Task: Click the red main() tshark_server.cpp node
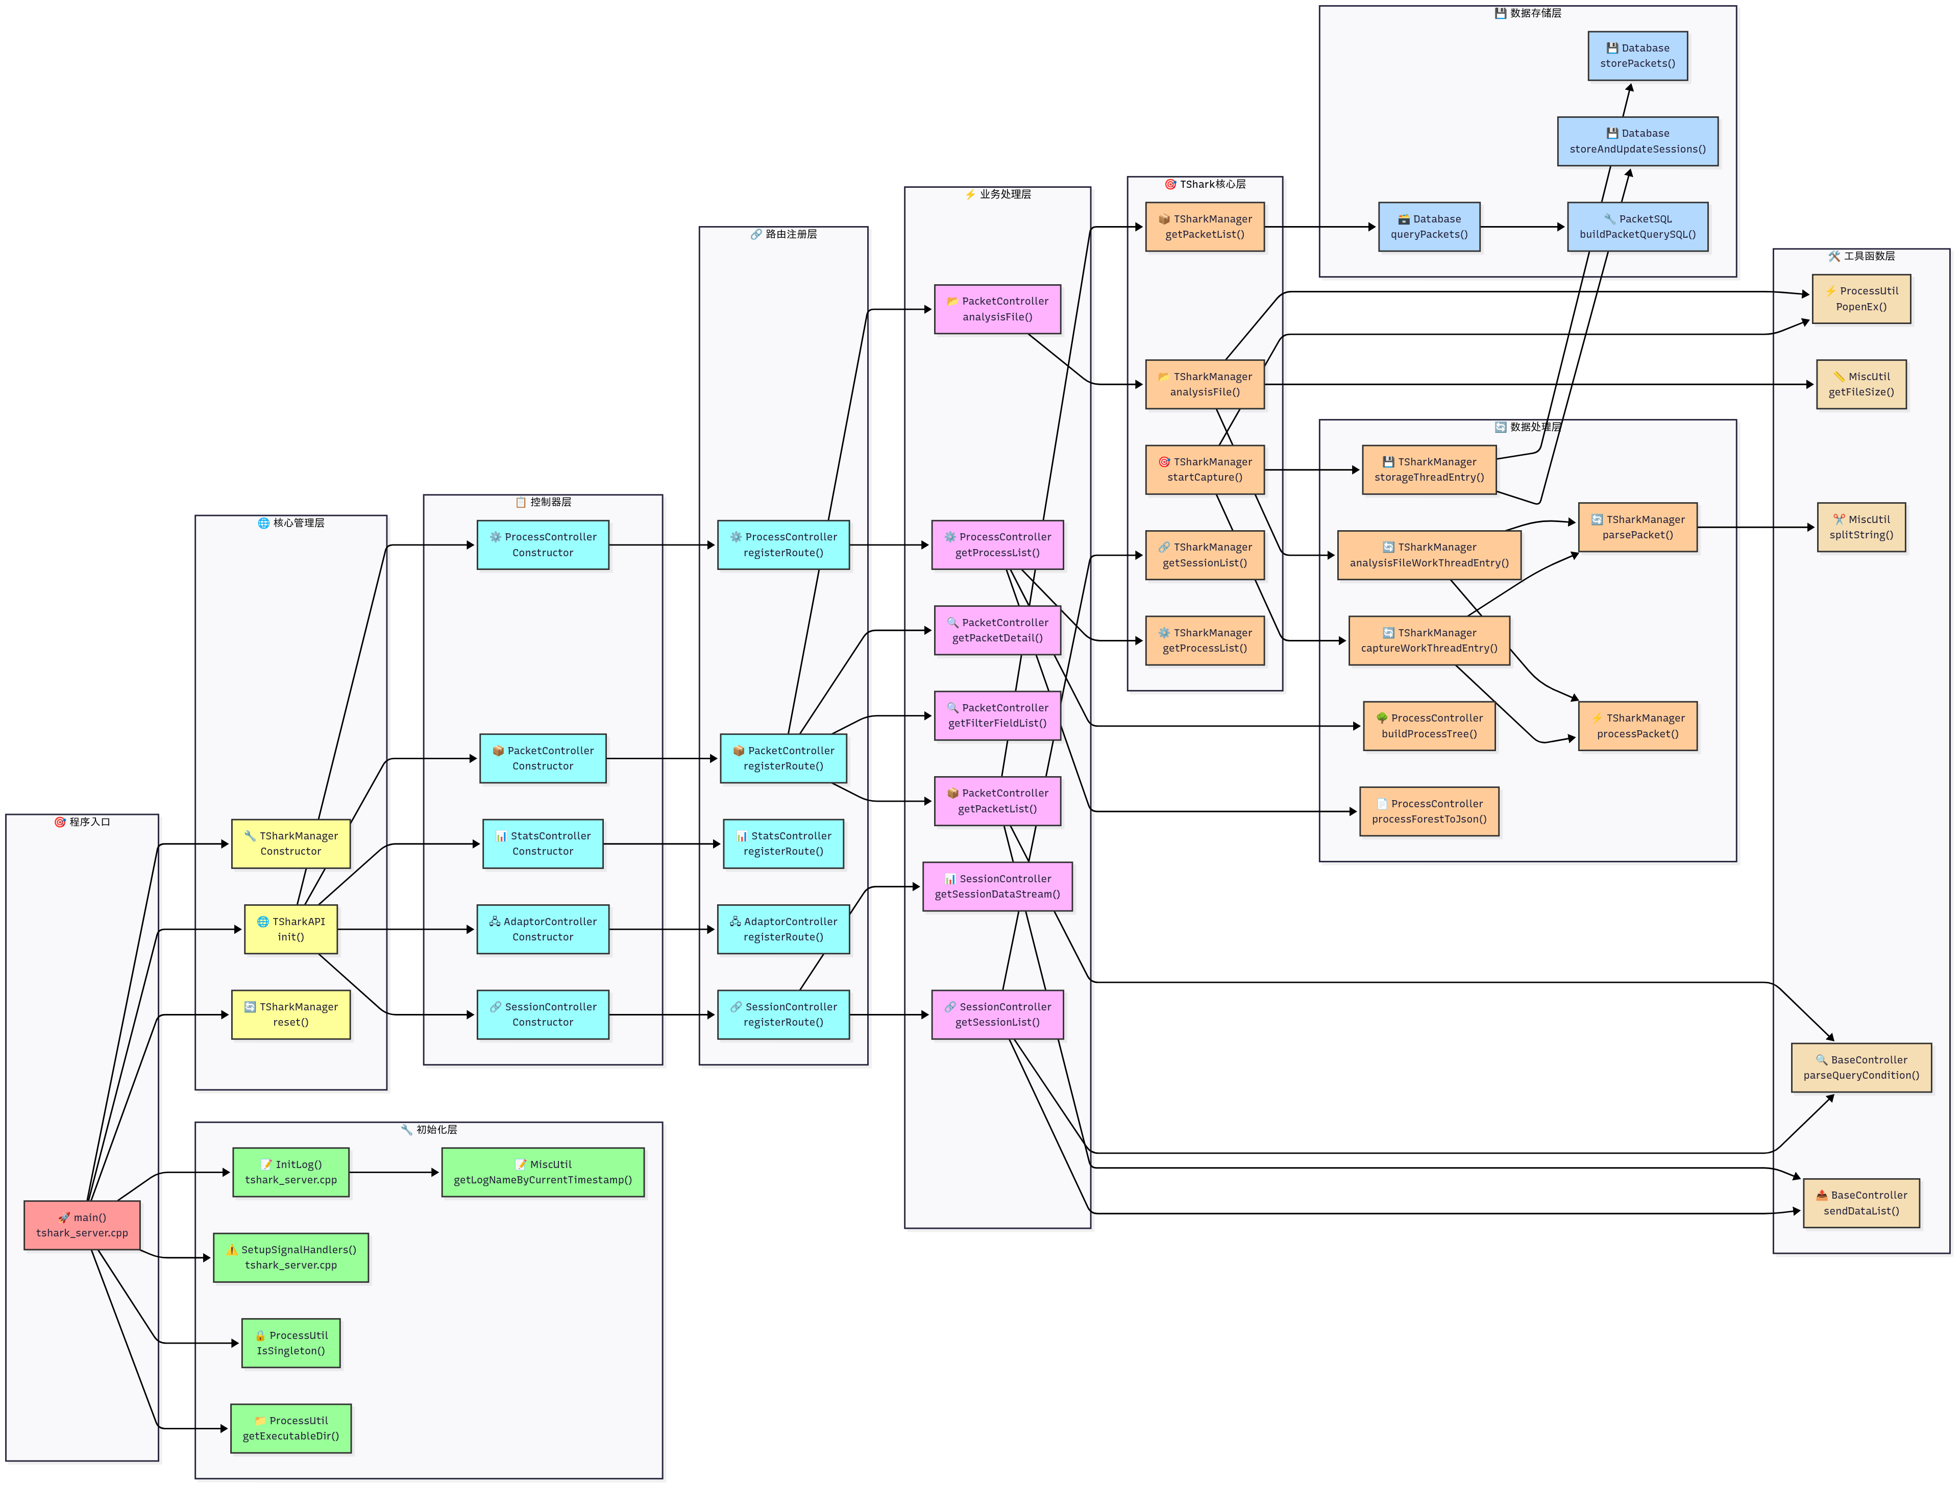coord(82,1225)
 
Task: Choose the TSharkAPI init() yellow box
coord(290,929)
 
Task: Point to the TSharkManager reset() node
coord(290,1014)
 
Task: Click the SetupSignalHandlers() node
coord(290,1257)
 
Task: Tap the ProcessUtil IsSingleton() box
coord(290,1343)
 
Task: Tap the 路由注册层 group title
coord(784,234)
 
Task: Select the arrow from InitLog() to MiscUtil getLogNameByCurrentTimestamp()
coord(395,1172)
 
